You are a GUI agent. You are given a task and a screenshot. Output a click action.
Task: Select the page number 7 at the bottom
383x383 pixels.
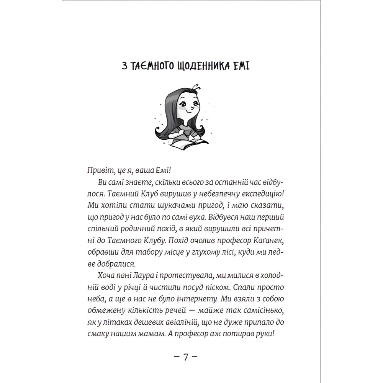click(186, 357)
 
